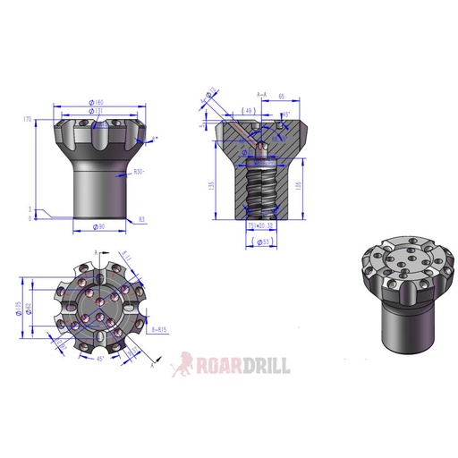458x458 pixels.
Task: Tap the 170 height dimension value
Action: click(x=29, y=118)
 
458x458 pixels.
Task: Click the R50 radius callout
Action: click(x=139, y=171)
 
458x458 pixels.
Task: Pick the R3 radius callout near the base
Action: click(x=141, y=217)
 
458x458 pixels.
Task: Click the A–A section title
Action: click(x=262, y=94)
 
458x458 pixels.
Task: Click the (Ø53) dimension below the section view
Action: click(x=263, y=242)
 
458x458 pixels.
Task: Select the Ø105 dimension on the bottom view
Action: click(x=21, y=309)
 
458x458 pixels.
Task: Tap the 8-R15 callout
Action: click(x=162, y=330)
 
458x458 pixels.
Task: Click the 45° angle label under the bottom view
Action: click(x=99, y=359)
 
